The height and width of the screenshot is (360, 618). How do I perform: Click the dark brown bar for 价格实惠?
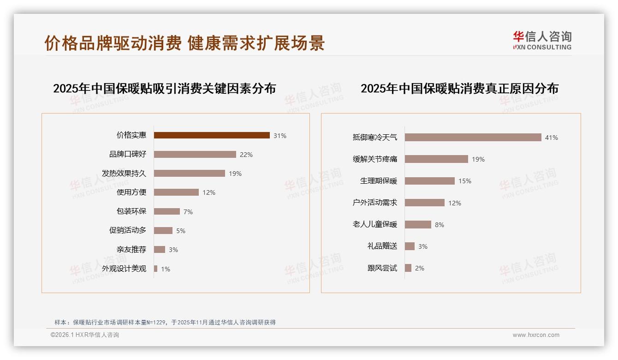(212, 135)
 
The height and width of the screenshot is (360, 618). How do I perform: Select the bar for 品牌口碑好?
(195, 154)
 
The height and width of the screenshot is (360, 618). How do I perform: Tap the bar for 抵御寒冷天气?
(473, 137)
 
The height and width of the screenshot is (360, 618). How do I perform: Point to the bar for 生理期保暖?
(429, 181)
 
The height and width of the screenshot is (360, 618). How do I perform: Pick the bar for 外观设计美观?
(155, 269)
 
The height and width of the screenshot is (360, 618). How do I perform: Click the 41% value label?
(551, 138)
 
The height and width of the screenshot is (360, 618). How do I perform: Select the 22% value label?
(246, 155)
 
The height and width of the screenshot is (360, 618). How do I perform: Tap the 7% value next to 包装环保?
(188, 212)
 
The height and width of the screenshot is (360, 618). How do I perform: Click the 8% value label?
(439, 225)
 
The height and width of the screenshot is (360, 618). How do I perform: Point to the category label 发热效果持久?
(124, 174)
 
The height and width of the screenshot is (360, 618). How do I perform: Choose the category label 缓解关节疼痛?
(374, 159)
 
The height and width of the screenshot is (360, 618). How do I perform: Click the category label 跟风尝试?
(382, 268)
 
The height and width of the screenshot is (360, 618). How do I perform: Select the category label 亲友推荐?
(131, 250)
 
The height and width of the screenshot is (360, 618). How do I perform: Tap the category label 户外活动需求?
(374, 203)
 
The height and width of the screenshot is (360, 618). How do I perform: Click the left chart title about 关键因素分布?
(164, 88)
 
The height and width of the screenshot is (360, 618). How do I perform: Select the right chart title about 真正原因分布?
(459, 88)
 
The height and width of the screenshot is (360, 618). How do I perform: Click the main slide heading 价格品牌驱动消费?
(184, 43)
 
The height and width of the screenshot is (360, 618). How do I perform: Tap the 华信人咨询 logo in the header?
(542, 41)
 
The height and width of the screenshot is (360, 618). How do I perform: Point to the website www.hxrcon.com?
(536, 335)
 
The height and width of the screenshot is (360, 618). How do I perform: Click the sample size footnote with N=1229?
(165, 322)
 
